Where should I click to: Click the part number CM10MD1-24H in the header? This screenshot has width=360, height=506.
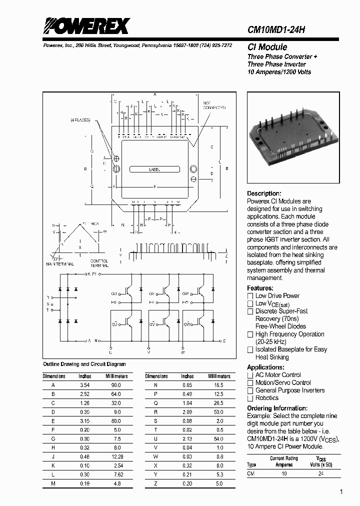(x=276, y=30)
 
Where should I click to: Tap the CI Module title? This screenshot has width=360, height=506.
(x=267, y=47)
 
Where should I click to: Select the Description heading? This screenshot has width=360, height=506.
(x=264, y=193)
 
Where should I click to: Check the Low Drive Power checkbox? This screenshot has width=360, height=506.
(x=250, y=296)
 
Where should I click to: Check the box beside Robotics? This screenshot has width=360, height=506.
(x=250, y=398)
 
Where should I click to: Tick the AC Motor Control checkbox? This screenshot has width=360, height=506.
(x=250, y=375)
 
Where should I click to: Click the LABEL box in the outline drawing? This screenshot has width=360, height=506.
(x=155, y=170)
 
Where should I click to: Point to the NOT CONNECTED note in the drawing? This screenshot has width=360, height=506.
(x=214, y=105)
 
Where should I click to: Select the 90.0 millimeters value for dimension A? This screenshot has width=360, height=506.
(x=116, y=385)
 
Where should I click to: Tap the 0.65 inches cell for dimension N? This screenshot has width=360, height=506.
(x=187, y=385)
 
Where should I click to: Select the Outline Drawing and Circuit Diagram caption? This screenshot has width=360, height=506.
(x=84, y=364)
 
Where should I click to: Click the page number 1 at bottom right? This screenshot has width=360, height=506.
(x=341, y=492)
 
